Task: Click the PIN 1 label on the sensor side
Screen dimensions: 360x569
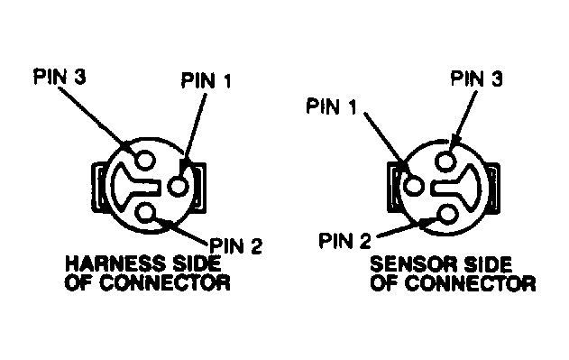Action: pyautogui.click(x=330, y=107)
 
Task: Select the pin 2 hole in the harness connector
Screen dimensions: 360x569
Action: pyautogui.click(x=146, y=212)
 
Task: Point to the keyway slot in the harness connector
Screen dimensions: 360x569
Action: pyautogui.click(x=131, y=188)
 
